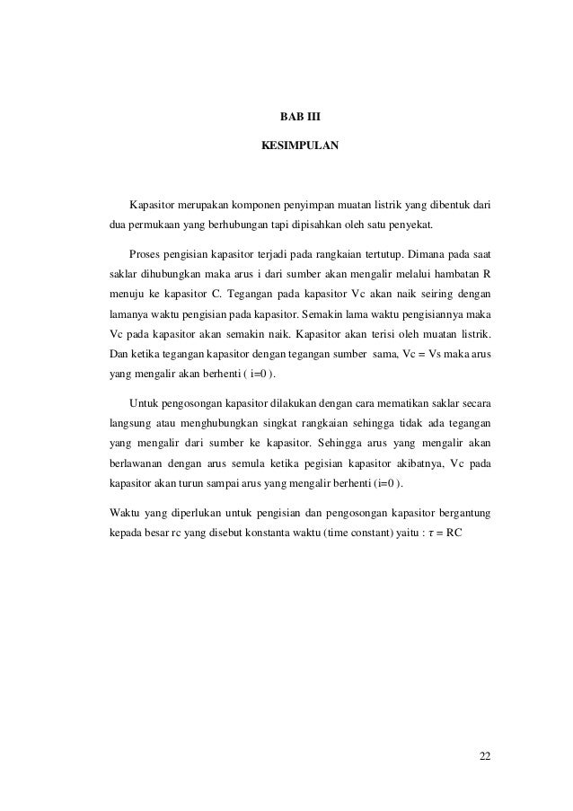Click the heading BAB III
299,117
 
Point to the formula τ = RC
445,533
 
